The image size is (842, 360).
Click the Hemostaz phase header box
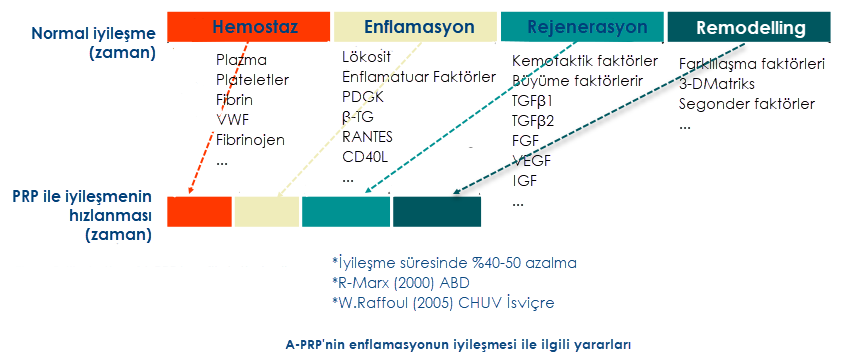[x=248, y=26]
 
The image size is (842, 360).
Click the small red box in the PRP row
[x=199, y=211]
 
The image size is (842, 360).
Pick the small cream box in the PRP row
[x=266, y=211]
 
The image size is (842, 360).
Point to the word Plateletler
[x=252, y=80]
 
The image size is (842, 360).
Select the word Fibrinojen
[x=250, y=140]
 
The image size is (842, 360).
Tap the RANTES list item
[x=367, y=136]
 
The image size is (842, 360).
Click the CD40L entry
[x=365, y=157]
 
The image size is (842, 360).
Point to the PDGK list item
[x=362, y=97]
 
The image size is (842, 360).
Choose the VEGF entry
[x=532, y=160]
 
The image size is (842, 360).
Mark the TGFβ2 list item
[x=533, y=120]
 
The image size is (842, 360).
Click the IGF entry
[x=525, y=180]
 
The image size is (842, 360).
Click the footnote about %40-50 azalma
[x=454, y=263]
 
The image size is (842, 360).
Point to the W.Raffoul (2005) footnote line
[x=442, y=303]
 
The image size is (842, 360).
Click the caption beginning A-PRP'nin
[x=458, y=344]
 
